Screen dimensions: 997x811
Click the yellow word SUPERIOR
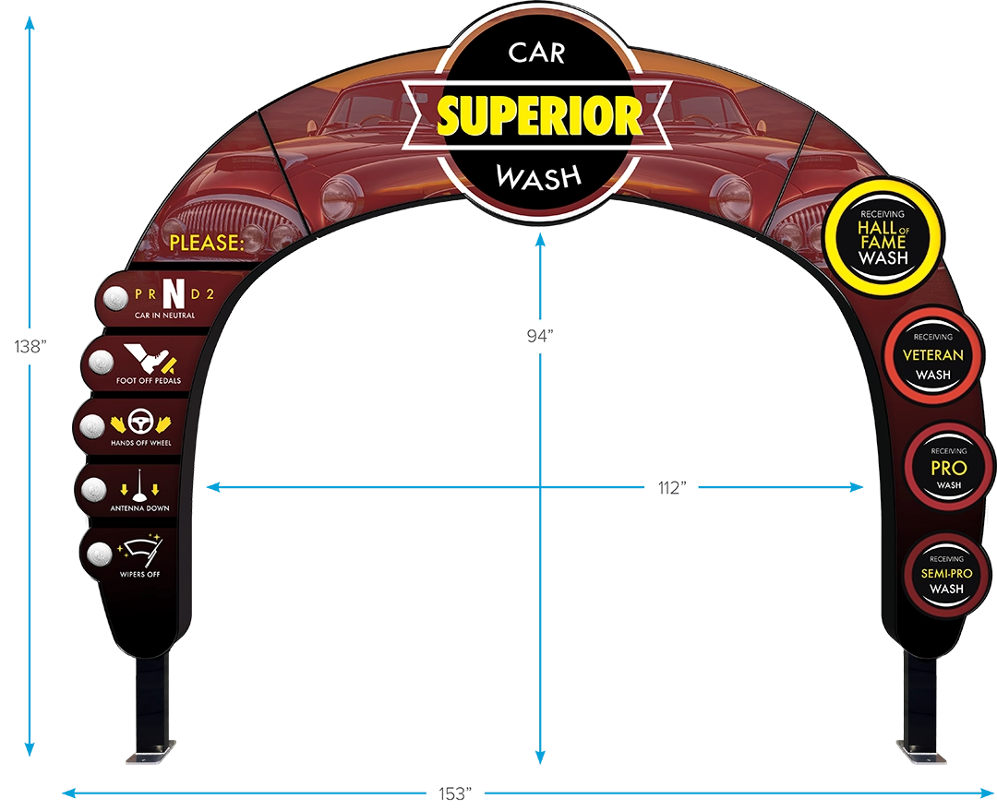(539, 115)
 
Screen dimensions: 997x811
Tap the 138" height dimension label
(30, 346)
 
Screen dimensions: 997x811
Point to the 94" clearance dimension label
(540, 335)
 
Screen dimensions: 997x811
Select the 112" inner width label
(672, 487)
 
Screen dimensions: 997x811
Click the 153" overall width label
(455, 793)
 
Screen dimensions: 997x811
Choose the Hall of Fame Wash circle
(883, 237)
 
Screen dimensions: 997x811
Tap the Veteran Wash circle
(932, 355)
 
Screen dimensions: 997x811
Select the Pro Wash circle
(948, 467)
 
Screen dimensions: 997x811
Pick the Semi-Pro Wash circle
(946, 574)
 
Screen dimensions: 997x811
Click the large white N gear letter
(174, 293)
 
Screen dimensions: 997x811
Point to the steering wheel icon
(140, 422)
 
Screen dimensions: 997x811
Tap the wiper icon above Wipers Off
(142, 552)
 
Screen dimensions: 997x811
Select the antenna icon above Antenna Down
(139, 485)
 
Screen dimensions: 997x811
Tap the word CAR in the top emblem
(536, 53)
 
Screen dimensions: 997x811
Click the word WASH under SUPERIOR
(538, 177)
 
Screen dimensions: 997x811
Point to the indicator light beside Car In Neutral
(115, 298)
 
